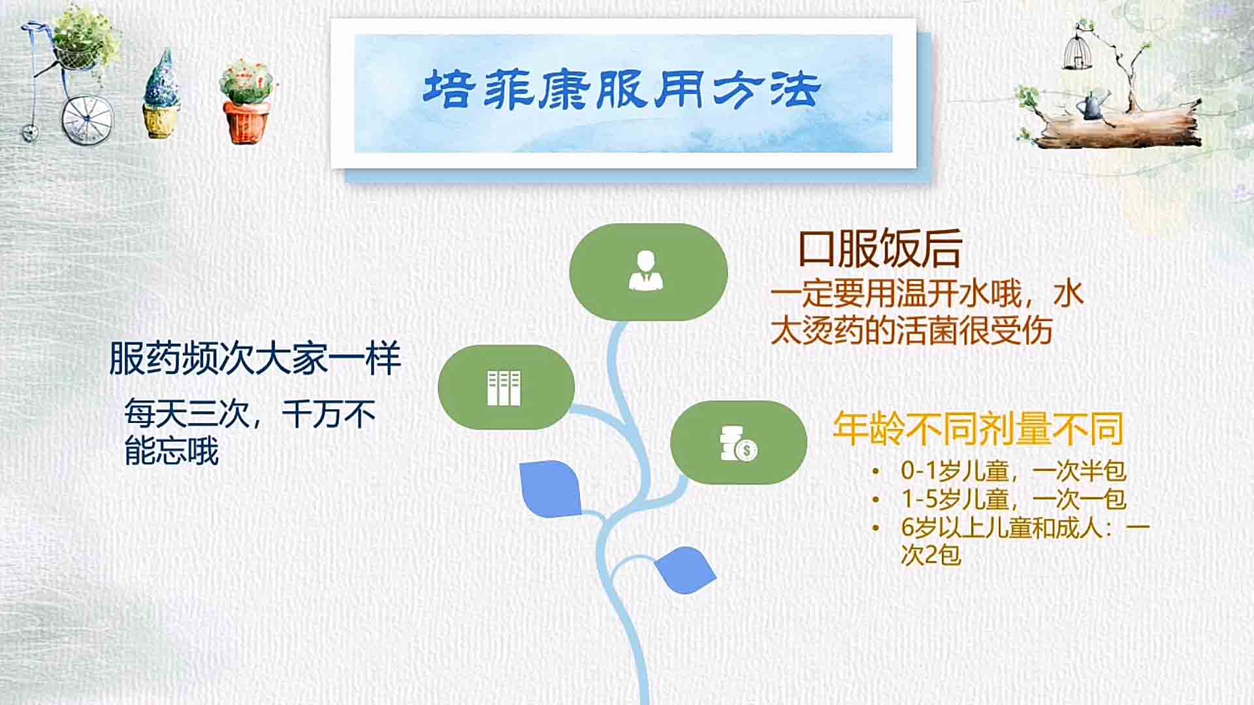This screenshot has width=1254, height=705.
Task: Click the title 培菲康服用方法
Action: pos(622,89)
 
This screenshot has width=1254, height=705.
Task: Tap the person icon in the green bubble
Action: pos(646,270)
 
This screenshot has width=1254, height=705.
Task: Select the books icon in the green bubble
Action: pos(504,388)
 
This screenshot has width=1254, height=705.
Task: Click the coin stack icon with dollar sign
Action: pos(739,443)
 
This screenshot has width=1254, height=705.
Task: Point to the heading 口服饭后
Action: pos(880,249)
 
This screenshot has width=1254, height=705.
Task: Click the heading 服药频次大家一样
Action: pos(255,358)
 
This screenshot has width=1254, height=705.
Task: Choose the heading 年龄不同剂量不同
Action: pos(978,429)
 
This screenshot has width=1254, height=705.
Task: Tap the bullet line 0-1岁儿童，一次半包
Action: pos(1013,471)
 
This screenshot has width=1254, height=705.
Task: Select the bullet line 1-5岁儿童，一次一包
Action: pos(1013,499)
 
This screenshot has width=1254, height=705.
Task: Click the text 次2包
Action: pos(931,556)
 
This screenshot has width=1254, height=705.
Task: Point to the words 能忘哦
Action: pos(171,451)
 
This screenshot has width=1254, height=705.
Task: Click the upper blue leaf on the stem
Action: pos(551,488)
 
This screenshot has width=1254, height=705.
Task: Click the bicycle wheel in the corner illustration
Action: pos(88,119)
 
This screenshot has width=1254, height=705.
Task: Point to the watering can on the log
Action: pos(1093,106)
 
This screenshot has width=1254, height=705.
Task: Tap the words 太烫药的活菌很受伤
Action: pos(911,331)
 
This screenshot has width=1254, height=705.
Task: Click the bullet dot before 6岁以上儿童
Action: pos(876,528)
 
